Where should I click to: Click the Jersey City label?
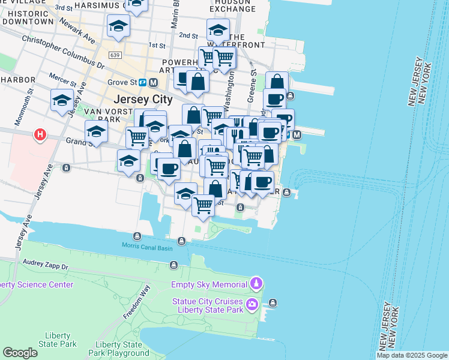(143, 99)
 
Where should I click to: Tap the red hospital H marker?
(40, 134)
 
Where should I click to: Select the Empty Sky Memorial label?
(209, 284)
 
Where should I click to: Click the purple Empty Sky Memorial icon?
(256, 283)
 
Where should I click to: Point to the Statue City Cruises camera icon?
(253, 305)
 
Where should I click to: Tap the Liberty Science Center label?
(37, 284)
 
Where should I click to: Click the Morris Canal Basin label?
(147, 246)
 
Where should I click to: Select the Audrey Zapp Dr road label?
(47, 263)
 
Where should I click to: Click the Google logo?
(20, 353)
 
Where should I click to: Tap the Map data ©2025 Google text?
(412, 355)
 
